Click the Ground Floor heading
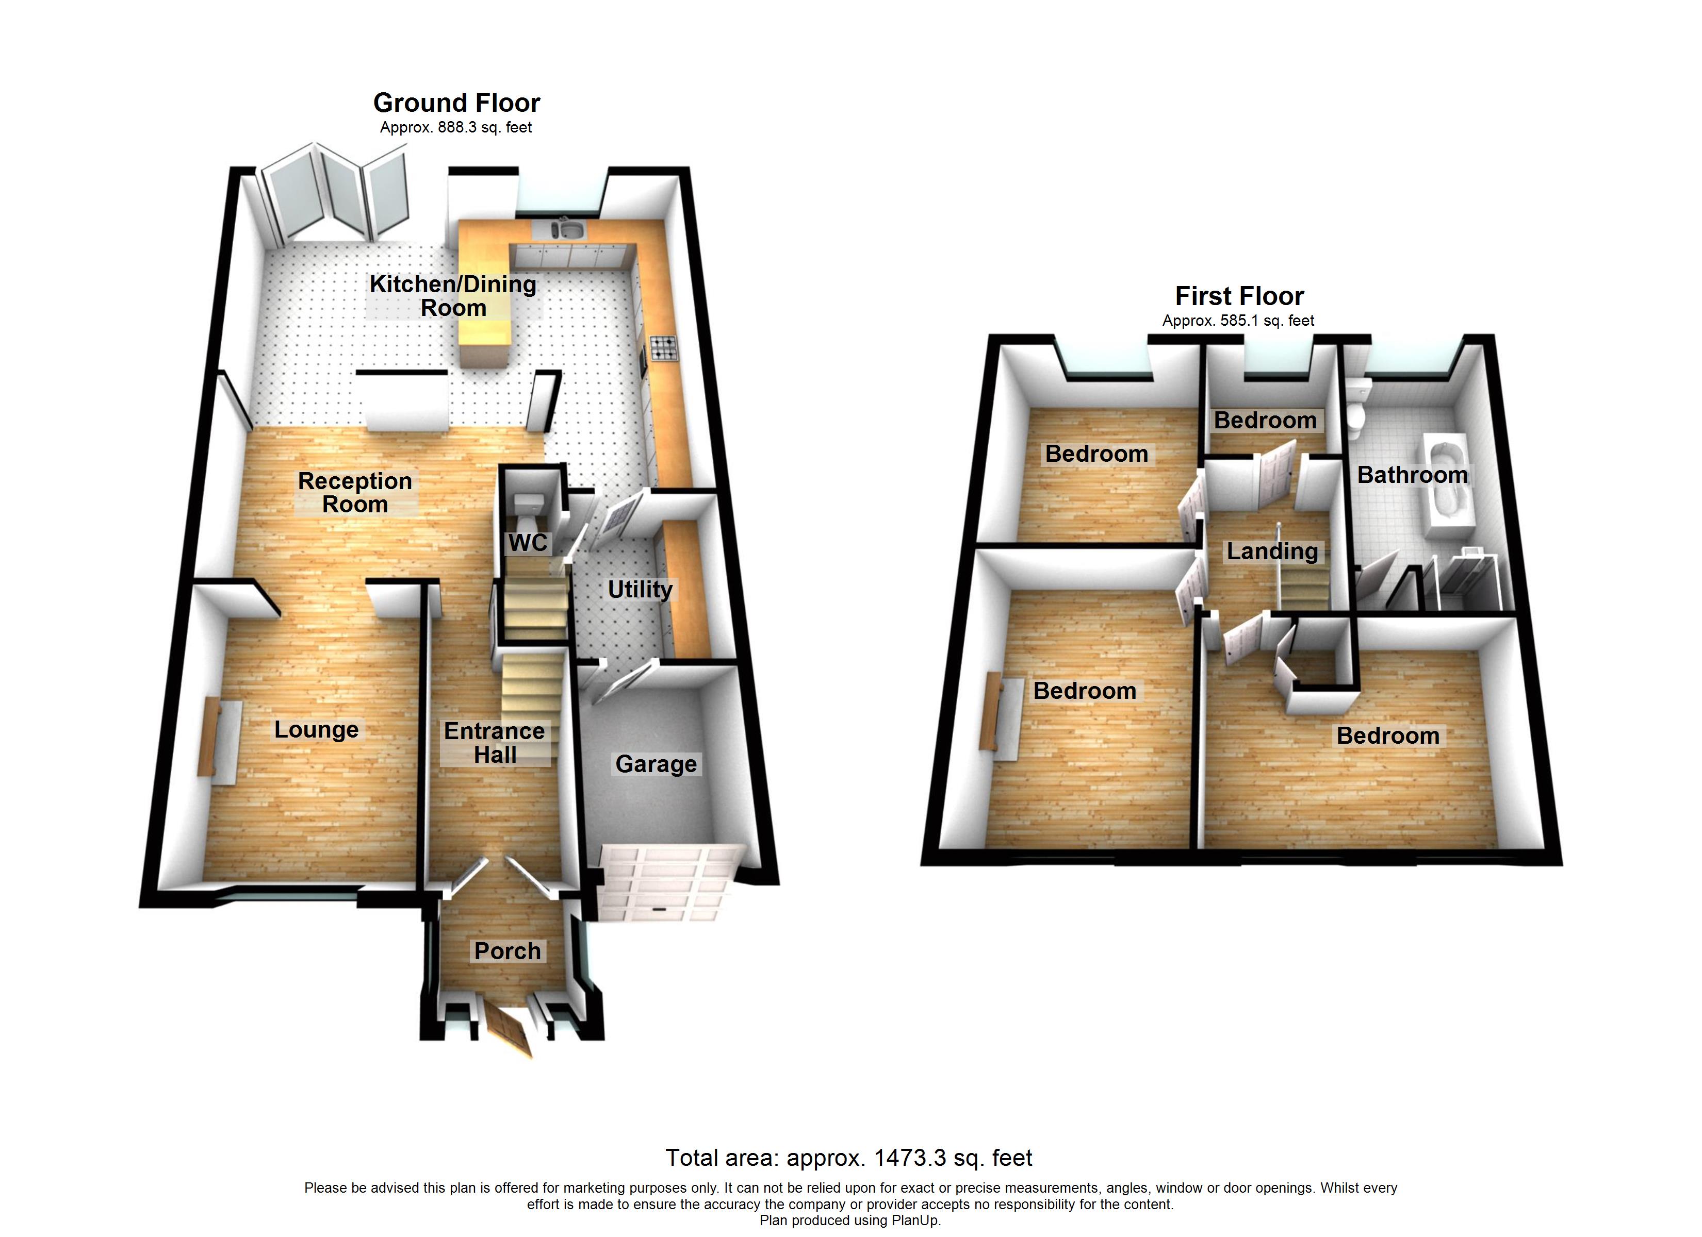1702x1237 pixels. click(x=456, y=103)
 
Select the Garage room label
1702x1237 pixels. click(x=656, y=764)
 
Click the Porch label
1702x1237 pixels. click(x=508, y=950)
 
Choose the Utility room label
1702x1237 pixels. click(x=640, y=589)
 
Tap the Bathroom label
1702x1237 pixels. click(x=1412, y=474)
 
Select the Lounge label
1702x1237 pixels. click(x=316, y=729)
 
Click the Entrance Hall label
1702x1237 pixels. click(x=495, y=743)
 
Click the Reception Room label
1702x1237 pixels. click(x=355, y=492)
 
